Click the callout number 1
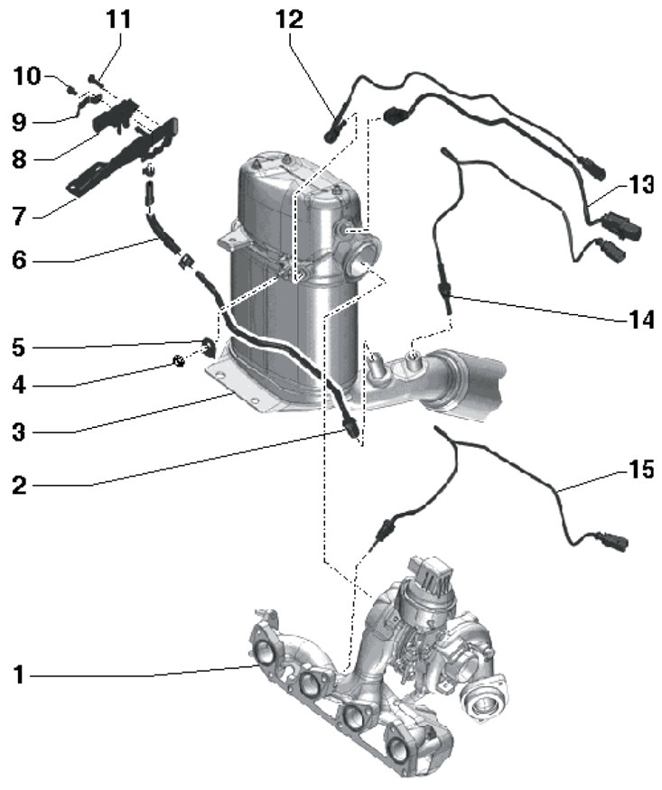(x=20, y=674)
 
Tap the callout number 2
(x=20, y=486)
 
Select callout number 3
(x=20, y=432)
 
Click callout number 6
(x=20, y=260)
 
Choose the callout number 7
(x=20, y=216)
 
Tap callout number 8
(x=20, y=160)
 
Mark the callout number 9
(x=20, y=120)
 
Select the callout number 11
(x=118, y=19)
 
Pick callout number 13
(x=641, y=185)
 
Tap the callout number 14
(x=642, y=320)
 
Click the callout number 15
(x=641, y=469)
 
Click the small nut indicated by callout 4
(x=179, y=363)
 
